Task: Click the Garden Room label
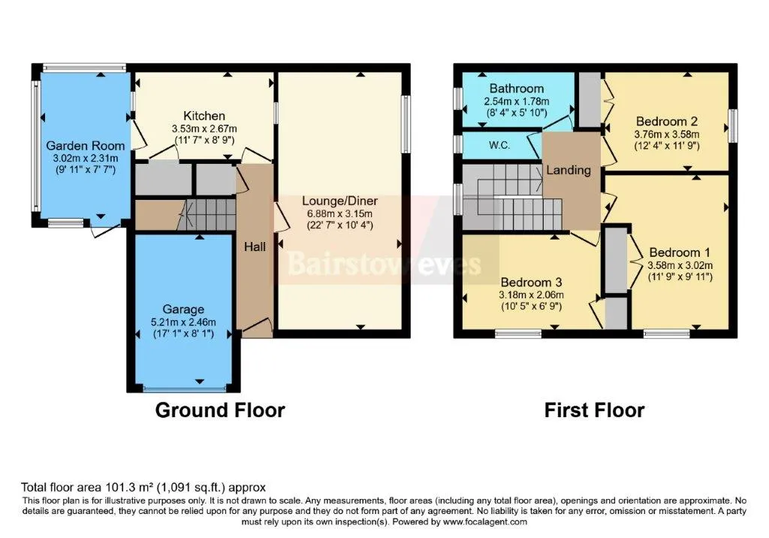[86, 146]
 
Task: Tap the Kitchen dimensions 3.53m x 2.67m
[204, 128]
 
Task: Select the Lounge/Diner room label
[340, 201]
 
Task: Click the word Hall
[255, 246]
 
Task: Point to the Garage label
[183, 310]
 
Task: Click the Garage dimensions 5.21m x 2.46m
[183, 322]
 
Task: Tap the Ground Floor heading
[220, 410]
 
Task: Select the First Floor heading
[595, 410]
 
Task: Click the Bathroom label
[517, 89]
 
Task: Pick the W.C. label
[499, 145]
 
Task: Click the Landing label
[569, 170]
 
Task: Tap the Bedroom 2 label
[667, 121]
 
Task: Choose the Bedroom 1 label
[680, 252]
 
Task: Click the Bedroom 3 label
[531, 283]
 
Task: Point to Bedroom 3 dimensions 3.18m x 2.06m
[531, 295]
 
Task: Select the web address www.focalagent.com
[485, 521]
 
